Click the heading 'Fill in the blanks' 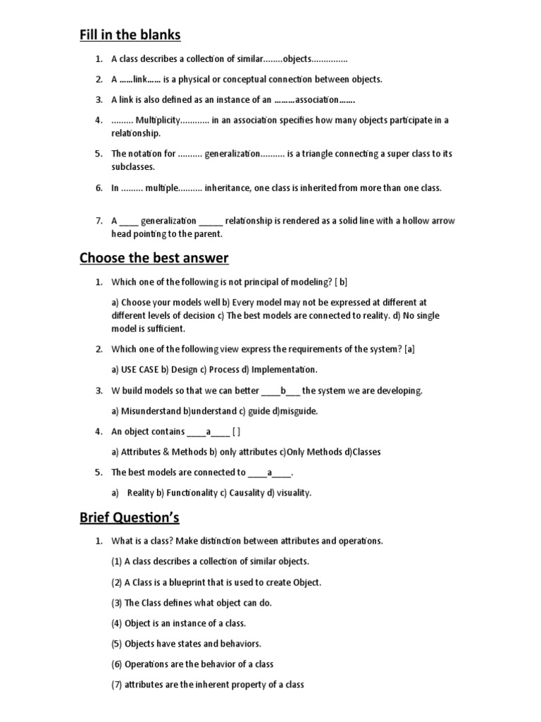(x=129, y=34)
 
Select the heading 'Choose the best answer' (x=154, y=257)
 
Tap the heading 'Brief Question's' (x=129, y=518)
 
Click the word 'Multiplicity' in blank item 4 (x=158, y=120)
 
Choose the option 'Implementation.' (x=285, y=369)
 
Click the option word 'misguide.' (x=299, y=410)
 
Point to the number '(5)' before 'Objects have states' (x=117, y=644)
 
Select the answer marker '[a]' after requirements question (x=410, y=349)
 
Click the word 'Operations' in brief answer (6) (x=147, y=664)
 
